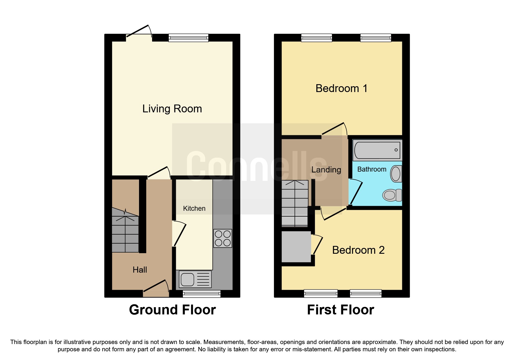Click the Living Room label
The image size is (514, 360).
[x=172, y=109]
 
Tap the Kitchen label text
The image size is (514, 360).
[x=194, y=208]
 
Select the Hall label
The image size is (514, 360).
[x=140, y=270]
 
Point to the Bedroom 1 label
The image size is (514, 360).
[x=341, y=88]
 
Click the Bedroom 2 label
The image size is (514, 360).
[x=358, y=250]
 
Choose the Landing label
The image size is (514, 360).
[x=326, y=170]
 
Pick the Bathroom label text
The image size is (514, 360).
[x=372, y=169]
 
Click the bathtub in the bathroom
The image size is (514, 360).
[x=377, y=150]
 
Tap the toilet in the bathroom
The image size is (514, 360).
[x=392, y=195]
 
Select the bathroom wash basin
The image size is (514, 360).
[x=396, y=174]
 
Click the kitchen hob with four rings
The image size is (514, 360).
[x=223, y=238]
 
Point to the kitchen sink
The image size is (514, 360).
[x=195, y=279]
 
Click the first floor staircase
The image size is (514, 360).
[x=295, y=203]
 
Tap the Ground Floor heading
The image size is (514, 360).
[x=172, y=310]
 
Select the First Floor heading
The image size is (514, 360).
[x=340, y=310]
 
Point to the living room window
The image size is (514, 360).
[x=188, y=38]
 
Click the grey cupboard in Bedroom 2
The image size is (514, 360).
[x=296, y=246]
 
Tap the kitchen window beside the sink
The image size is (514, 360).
[x=201, y=294]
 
